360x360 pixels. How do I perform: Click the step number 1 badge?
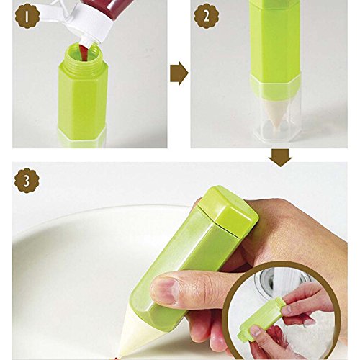pyautogui.click(x=27, y=16)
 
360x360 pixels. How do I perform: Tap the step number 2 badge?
pyautogui.click(x=207, y=16)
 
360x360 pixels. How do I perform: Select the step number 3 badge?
pyautogui.click(x=27, y=181)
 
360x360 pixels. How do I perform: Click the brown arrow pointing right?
pyautogui.click(x=179, y=73)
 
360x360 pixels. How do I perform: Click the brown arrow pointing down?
pyautogui.click(x=280, y=158)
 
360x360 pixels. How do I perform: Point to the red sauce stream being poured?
pyautogui.click(x=84, y=53)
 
